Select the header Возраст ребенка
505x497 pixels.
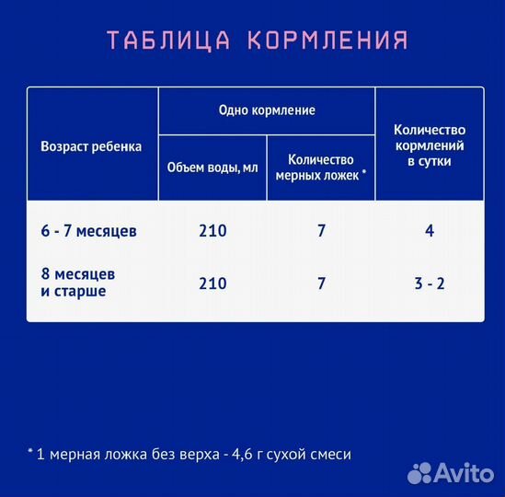[91, 146]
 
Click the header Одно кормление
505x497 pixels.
[267, 110]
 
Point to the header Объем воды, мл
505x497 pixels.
[212, 168]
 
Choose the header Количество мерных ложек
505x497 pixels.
[320, 166]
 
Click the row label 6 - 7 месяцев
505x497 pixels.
[88, 231]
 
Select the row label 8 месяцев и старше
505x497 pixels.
[78, 283]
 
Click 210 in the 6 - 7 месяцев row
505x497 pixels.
[212, 231]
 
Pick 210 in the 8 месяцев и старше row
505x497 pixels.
[212, 283]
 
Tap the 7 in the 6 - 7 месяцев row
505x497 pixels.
[321, 231]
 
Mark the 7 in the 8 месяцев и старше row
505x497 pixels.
[321, 283]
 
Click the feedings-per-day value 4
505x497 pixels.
[430, 231]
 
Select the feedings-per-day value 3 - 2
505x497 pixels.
[430, 283]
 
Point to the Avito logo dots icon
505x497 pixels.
[420, 472]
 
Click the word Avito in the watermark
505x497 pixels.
[465, 472]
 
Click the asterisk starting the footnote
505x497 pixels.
[29, 452]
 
